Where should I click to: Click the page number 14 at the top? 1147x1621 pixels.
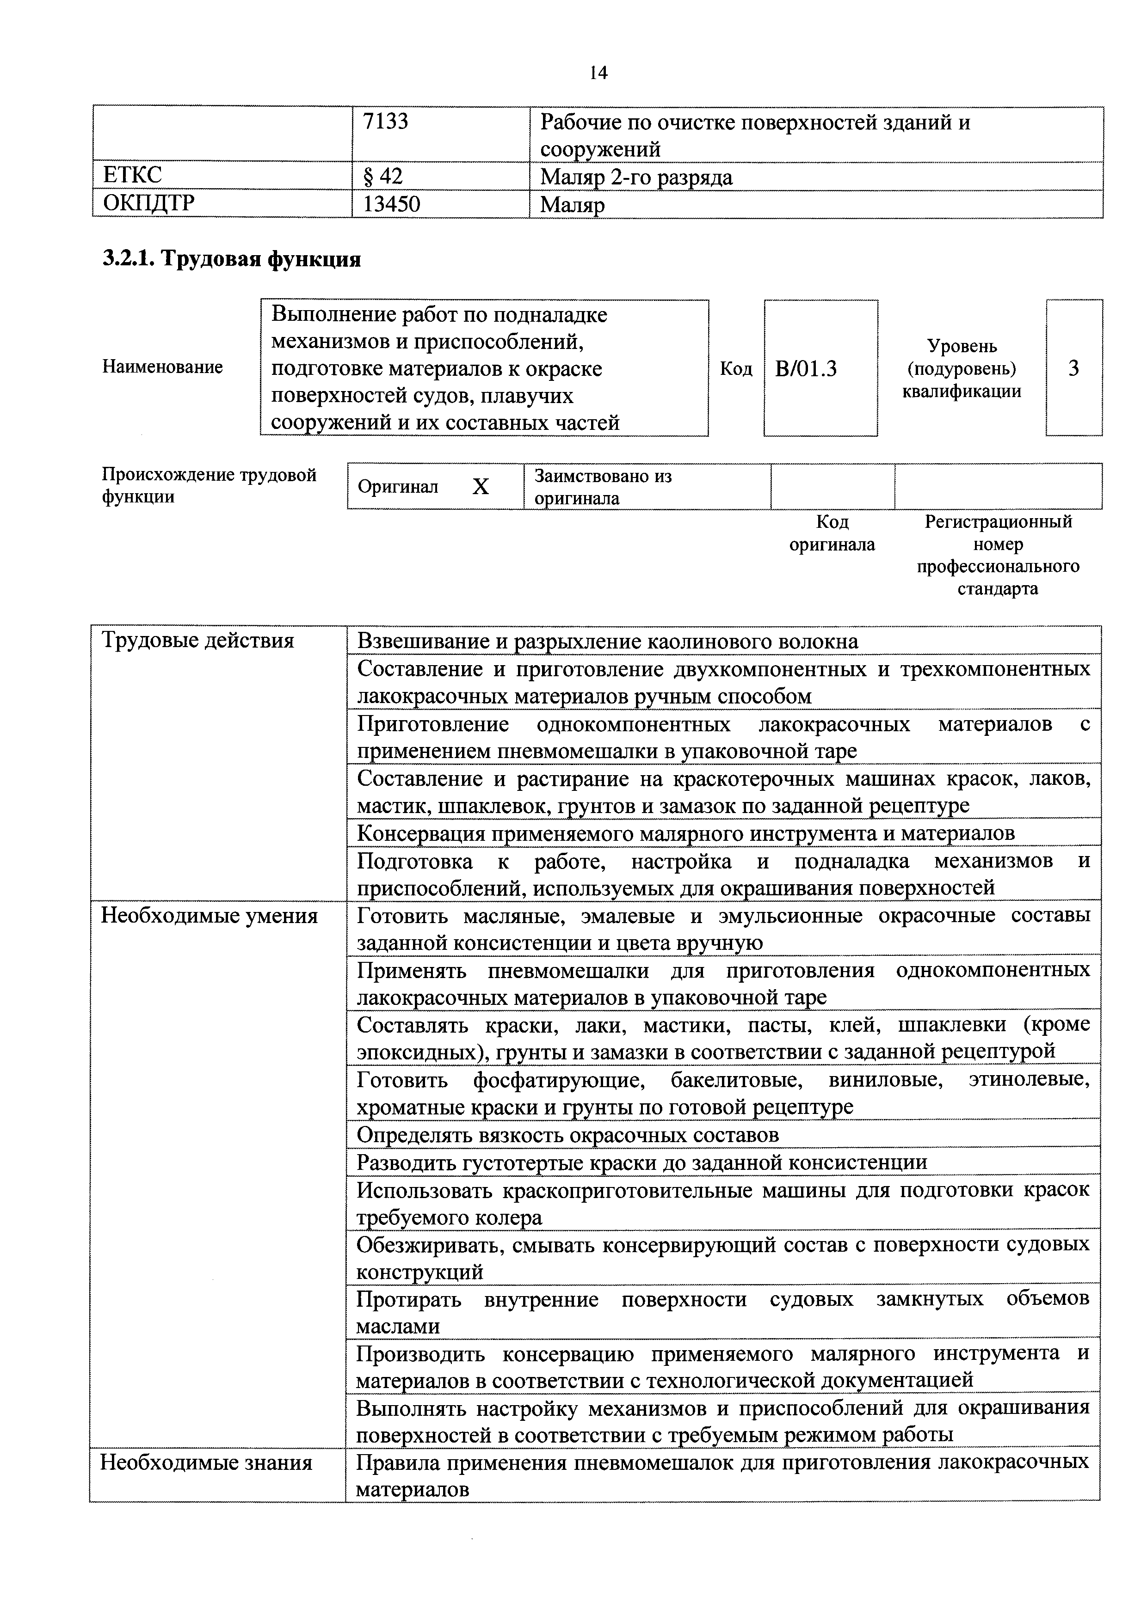[598, 73]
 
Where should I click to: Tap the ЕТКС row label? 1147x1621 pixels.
[132, 176]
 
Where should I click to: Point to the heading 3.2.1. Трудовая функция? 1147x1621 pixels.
[232, 260]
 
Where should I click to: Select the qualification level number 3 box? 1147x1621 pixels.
[1073, 368]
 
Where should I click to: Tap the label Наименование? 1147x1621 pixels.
[162, 367]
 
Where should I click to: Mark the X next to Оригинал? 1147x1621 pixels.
[480, 486]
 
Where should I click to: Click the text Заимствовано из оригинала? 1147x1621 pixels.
[603, 486]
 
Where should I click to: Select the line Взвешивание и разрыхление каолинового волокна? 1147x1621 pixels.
[607, 641]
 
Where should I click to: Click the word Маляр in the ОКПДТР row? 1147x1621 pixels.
[572, 205]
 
